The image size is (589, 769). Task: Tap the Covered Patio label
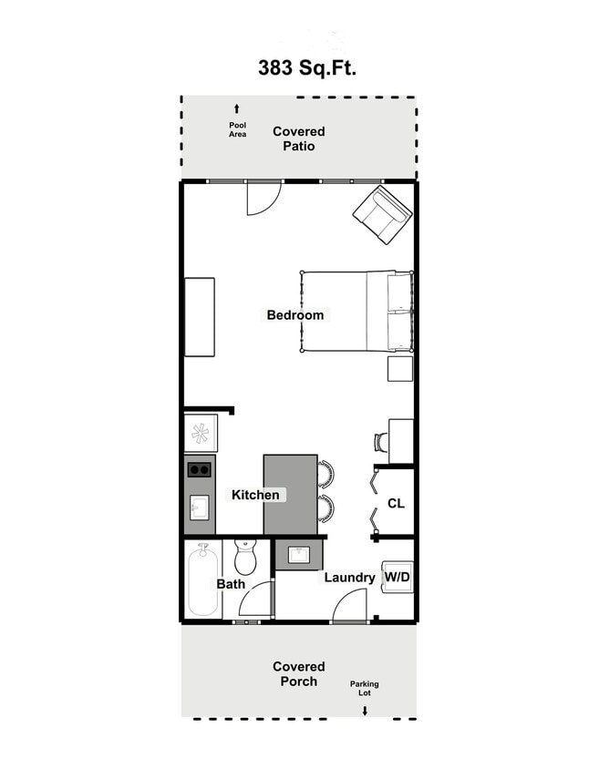[298, 138]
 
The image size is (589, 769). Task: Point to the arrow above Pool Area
[237, 108]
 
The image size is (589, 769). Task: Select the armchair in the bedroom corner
[382, 215]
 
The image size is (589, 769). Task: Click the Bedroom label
[294, 315]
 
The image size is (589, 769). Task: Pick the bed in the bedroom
[356, 311]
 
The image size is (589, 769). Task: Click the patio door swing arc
[262, 198]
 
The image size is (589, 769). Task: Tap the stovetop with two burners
[200, 469]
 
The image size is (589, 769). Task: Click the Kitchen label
[255, 495]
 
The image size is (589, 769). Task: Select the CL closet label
[396, 503]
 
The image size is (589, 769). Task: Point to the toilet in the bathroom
[245, 556]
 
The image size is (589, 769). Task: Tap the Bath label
[231, 584]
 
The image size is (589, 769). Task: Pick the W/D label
[397, 577]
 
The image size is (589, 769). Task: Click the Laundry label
[349, 578]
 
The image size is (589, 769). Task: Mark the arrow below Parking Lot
[365, 710]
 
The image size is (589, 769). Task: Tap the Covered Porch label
[298, 674]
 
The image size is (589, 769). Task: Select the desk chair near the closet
[379, 442]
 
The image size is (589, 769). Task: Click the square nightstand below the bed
[400, 368]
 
